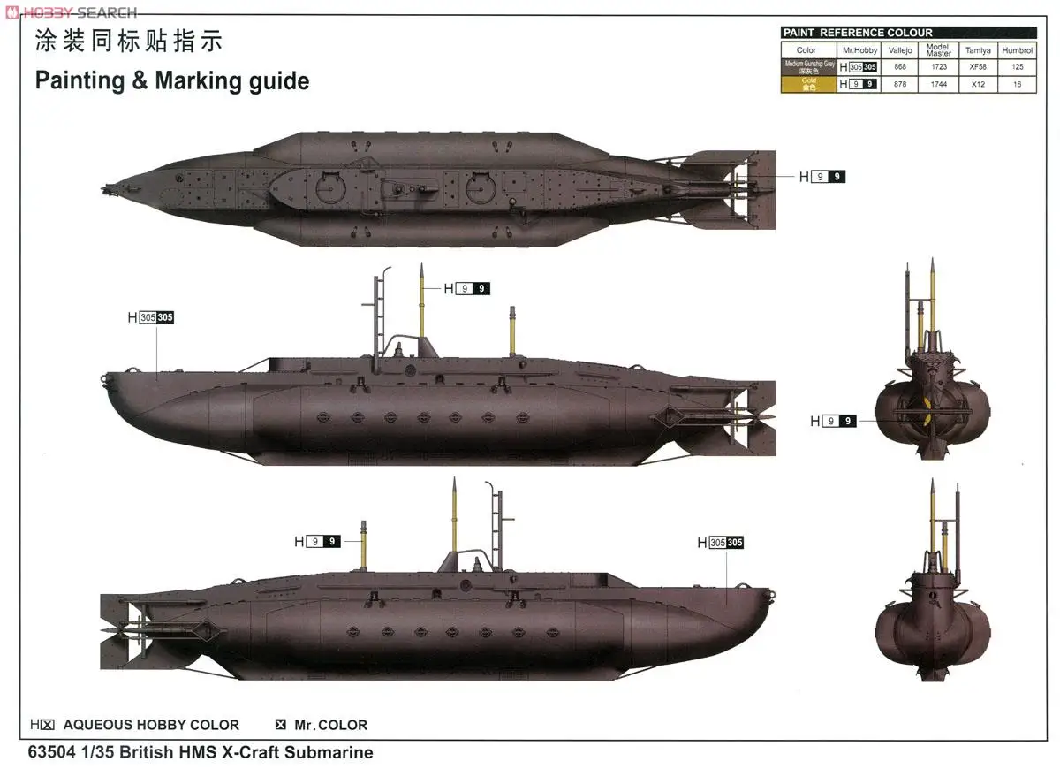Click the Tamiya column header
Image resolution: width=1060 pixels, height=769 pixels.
978,50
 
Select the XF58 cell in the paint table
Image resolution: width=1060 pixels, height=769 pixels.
978,67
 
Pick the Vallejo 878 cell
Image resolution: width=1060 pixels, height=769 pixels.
899,84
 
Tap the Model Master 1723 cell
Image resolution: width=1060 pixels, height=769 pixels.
938,67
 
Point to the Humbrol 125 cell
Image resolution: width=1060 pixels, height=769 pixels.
1018,67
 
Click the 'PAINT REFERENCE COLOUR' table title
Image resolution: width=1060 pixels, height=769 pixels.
857,33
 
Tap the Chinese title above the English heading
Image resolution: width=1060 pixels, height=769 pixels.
128,41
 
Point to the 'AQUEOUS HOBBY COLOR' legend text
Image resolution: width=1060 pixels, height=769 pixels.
151,725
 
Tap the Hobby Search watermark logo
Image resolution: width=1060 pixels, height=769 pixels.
71,11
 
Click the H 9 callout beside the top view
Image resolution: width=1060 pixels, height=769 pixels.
821,177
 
